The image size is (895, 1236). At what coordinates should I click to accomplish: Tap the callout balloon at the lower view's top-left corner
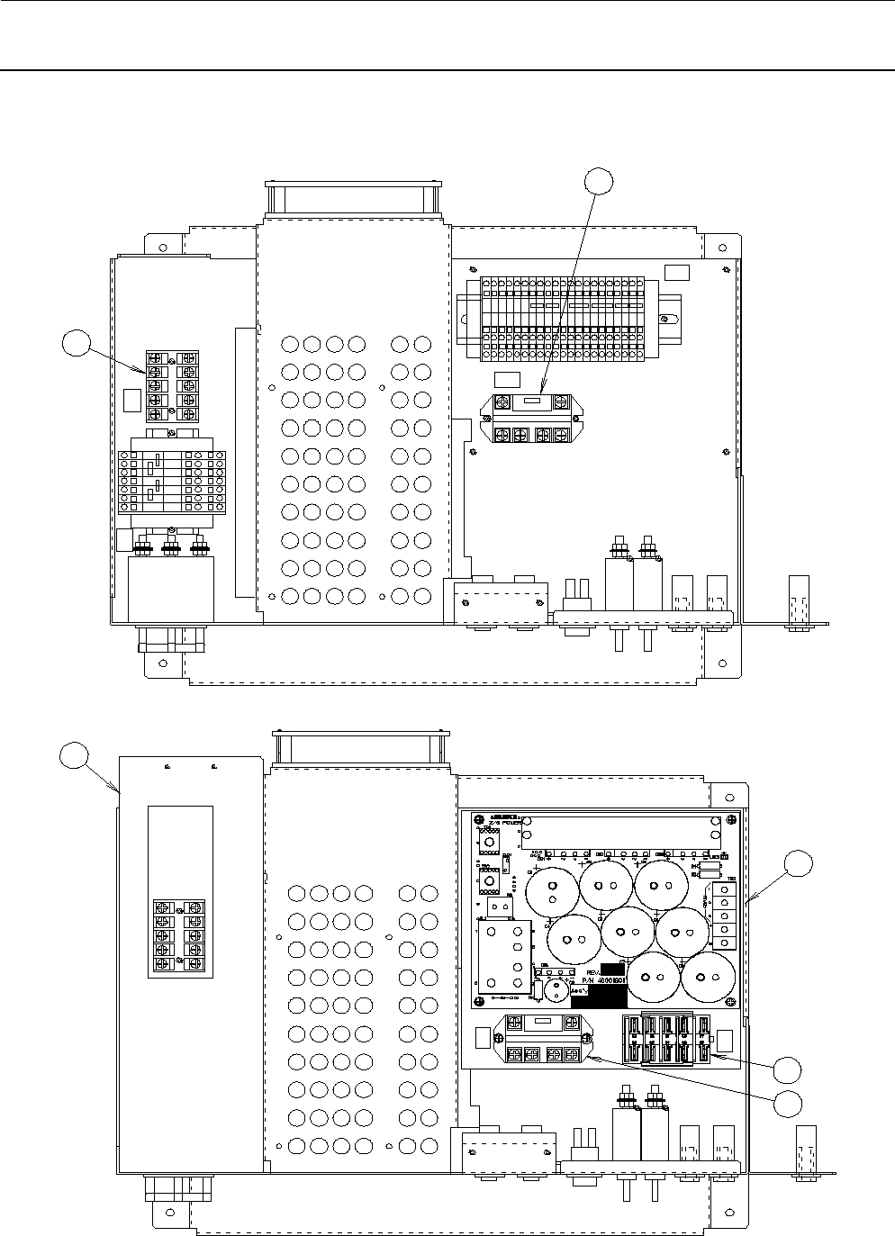pos(73,756)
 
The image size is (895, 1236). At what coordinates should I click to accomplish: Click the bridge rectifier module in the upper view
pos(528,420)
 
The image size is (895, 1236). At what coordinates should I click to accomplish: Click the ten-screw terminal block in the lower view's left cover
pos(177,936)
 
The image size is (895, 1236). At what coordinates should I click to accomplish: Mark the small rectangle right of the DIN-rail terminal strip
pos(676,274)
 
